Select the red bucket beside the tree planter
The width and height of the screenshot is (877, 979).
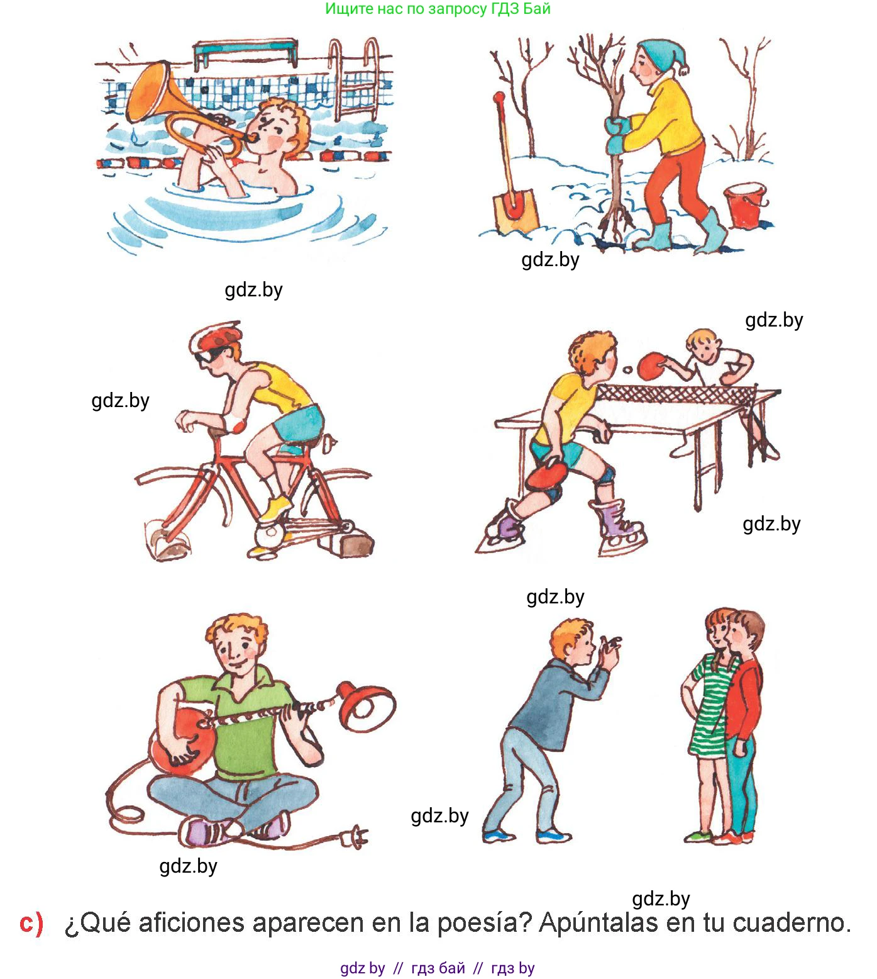(x=746, y=205)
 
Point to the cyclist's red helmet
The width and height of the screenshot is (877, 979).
(x=217, y=336)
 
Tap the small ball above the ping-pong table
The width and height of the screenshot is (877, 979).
(x=627, y=370)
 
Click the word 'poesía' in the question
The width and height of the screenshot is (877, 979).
(x=484, y=923)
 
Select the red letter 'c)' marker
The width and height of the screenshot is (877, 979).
(x=31, y=923)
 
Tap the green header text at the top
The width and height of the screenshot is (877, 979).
(x=438, y=9)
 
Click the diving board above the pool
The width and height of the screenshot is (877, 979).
(x=245, y=53)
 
